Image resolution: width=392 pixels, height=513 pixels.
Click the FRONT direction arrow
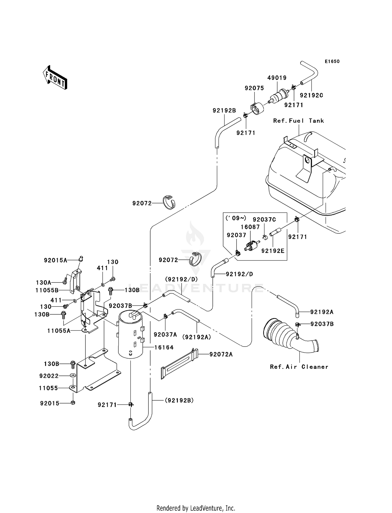tap(55, 78)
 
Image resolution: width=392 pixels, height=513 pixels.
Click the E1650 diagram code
tap(332, 62)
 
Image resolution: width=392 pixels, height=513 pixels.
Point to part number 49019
tap(277, 78)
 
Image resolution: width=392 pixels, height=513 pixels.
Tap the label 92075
tap(254, 88)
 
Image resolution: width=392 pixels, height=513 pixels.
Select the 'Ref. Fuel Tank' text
tap(298, 121)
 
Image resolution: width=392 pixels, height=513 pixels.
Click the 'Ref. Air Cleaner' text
tap(299, 367)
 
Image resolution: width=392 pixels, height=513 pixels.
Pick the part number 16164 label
tap(164, 347)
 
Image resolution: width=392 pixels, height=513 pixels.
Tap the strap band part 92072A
tap(179, 364)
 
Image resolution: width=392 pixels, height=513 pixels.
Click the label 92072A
tap(221, 354)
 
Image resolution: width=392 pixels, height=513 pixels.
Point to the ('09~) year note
tap(236, 218)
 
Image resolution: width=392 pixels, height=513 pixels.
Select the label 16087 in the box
tap(250, 227)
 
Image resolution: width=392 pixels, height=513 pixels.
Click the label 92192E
tap(273, 251)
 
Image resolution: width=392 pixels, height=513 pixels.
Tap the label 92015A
tap(55, 260)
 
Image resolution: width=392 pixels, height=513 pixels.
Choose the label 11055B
tap(47, 290)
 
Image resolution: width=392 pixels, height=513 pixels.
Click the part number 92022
tap(49, 376)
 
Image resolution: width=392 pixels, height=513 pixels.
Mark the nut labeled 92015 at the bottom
tap(73, 403)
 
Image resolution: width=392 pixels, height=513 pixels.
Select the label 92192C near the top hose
tap(312, 95)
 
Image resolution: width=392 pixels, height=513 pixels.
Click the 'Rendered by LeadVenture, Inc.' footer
tap(196, 508)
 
